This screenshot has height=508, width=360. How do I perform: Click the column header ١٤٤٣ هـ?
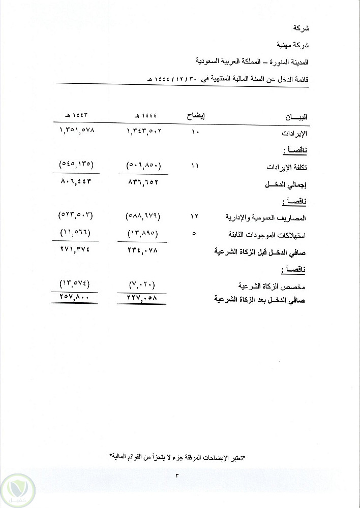pos(77,116)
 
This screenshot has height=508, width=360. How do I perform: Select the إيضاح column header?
pos(196,116)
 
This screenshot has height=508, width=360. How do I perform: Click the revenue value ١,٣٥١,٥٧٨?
pos(77,132)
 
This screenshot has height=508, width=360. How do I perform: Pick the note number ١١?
pos(195,166)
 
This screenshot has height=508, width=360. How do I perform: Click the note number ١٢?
pos(195,217)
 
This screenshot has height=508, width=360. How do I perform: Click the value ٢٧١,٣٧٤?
pos(77,250)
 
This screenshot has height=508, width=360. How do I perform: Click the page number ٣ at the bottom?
pos(177,475)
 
